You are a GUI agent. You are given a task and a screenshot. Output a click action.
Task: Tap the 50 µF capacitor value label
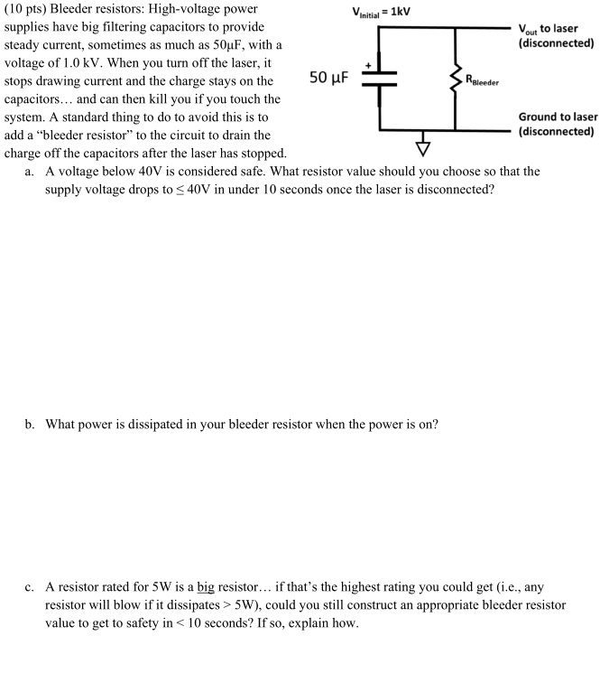[x=329, y=78]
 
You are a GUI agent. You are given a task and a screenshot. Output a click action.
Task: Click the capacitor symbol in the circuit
[x=380, y=79]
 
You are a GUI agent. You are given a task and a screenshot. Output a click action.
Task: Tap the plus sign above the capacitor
[x=368, y=66]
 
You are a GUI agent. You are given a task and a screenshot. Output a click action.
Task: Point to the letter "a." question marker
[x=31, y=171]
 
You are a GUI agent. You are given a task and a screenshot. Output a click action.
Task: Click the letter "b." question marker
[x=31, y=423]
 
